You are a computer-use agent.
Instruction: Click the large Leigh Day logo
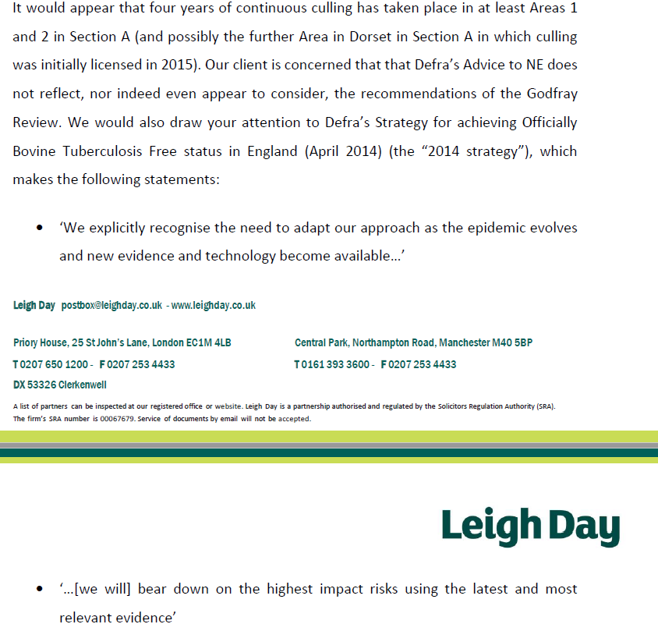coord(530,527)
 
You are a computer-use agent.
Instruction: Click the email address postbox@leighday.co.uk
coord(111,305)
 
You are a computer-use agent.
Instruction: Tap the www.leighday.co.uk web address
coord(213,305)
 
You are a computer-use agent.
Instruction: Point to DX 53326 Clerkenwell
coord(60,385)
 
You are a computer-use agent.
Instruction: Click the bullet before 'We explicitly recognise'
coord(39,228)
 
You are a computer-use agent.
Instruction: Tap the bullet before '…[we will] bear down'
coord(39,589)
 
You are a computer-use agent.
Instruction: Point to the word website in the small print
coord(229,406)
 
